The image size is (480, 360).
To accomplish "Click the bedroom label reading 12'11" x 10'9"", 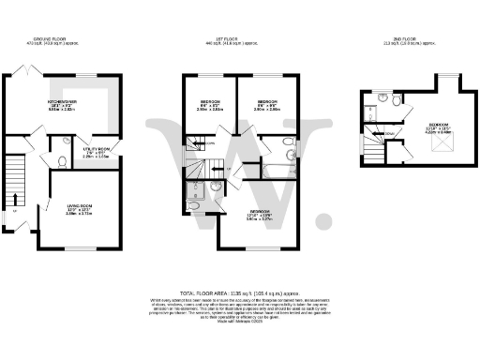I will tap(259, 216).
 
